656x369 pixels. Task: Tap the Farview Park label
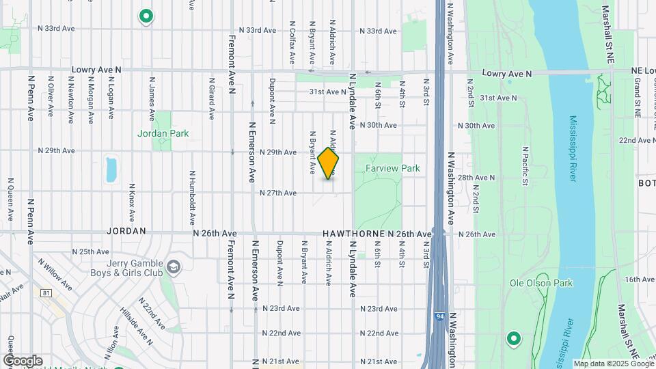click(x=392, y=168)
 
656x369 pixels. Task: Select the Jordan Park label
click(x=163, y=134)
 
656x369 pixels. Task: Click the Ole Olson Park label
click(x=541, y=283)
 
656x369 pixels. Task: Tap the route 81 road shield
click(x=46, y=293)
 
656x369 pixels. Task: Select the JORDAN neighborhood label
click(x=126, y=232)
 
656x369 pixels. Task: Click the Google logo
click(x=23, y=361)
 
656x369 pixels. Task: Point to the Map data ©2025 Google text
click(x=612, y=364)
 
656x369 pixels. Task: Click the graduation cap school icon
click(x=174, y=266)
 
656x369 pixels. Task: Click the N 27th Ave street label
click(x=278, y=193)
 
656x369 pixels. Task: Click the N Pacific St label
click(x=524, y=166)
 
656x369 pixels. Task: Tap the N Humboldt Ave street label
click(x=192, y=191)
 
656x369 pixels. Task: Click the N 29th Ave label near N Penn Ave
click(x=56, y=150)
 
